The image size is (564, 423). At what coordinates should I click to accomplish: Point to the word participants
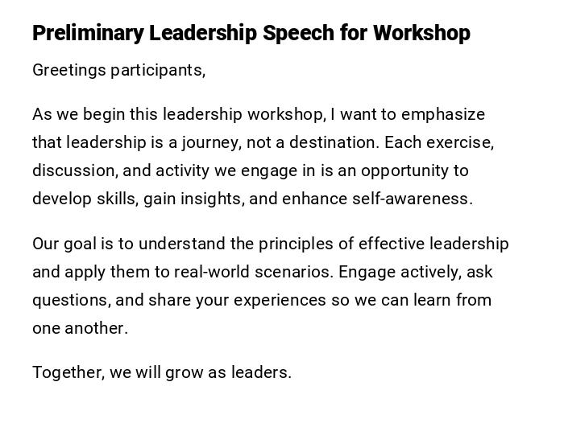(x=158, y=70)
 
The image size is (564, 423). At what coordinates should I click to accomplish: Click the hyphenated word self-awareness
(x=412, y=199)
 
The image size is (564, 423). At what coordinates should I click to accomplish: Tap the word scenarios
(x=293, y=272)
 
